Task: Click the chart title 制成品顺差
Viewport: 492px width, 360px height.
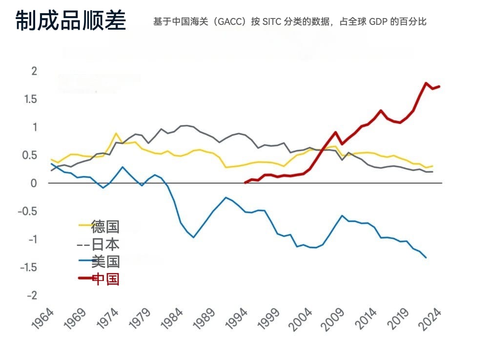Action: [71, 21]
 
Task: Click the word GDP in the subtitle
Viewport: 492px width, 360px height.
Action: [377, 22]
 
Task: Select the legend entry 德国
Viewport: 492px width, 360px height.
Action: [105, 226]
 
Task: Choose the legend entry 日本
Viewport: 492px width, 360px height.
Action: [105, 244]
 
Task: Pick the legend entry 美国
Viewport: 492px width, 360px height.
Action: [105, 261]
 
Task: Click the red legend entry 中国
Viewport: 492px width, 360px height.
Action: [105, 279]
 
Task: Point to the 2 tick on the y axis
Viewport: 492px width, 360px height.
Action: [34, 71]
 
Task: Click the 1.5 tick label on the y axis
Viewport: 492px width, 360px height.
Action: [31, 100]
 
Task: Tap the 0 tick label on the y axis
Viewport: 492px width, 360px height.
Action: [34, 183]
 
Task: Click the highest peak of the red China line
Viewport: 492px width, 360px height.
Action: [426, 83]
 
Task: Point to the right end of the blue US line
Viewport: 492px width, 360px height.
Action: [426, 258]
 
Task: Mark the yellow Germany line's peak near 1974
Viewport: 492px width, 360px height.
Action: [116, 133]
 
